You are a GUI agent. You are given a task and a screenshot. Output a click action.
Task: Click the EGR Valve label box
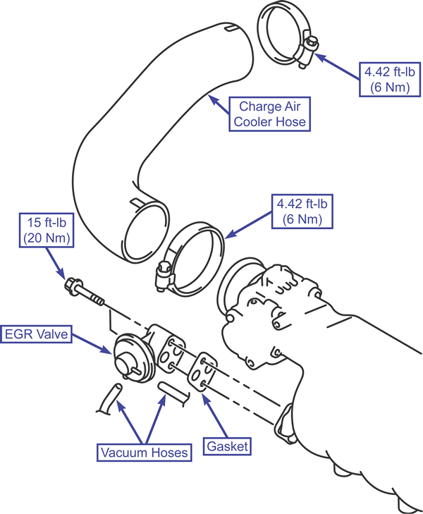tap(36, 334)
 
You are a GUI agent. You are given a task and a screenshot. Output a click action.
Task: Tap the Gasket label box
tap(227, 446)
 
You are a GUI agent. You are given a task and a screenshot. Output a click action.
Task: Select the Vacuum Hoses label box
tap(144, 453)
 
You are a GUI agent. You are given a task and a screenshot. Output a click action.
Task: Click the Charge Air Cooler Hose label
tap(269, 114)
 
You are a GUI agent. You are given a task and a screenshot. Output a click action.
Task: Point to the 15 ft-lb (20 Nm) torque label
tap(47, 230)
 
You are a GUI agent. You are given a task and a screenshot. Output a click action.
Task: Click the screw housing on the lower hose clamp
tap(163, 275)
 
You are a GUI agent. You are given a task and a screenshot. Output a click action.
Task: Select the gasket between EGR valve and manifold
tap(202, 372)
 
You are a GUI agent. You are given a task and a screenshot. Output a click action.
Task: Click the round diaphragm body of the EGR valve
tap(131, 359)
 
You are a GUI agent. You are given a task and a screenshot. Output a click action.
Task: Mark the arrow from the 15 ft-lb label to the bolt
tap(55, 263)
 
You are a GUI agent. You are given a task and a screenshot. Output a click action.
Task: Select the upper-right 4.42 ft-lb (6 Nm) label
tap(390, 80)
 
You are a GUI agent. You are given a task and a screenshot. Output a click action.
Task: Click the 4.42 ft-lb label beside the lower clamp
tap(302, 211)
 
